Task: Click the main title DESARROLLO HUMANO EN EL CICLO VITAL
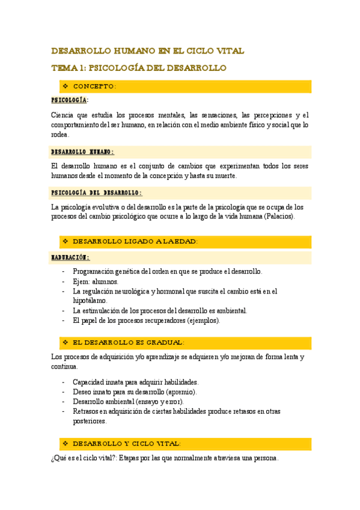147,51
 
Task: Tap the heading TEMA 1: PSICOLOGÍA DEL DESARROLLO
138,68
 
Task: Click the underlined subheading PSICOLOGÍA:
70,100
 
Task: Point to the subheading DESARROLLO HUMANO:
82,152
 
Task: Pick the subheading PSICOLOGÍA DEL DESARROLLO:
96,193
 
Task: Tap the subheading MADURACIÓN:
70,257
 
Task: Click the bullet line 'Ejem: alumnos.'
96,281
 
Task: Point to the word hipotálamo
90,300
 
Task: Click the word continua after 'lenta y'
65,366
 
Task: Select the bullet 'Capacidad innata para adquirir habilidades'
135,382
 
